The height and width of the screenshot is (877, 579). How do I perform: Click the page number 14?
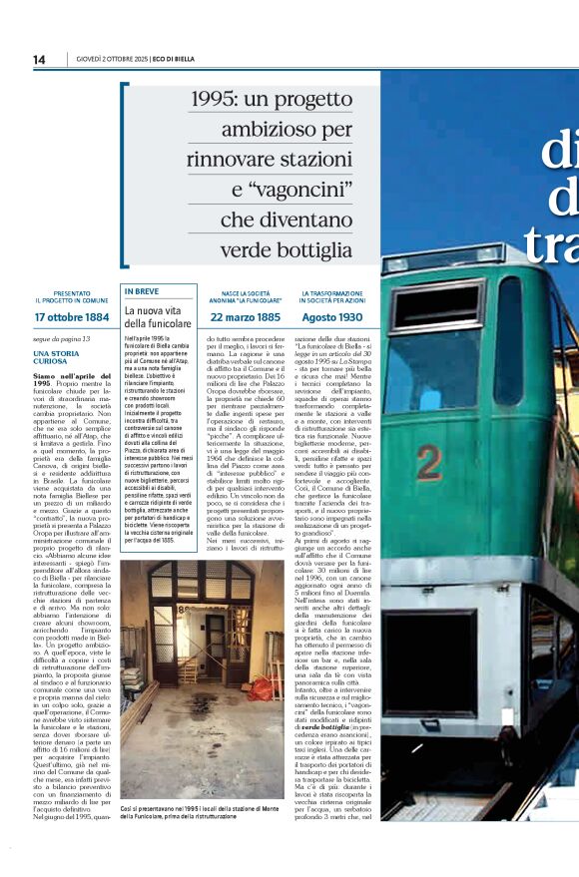click(39, 60)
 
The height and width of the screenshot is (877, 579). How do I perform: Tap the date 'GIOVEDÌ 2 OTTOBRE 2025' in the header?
click(109, 60)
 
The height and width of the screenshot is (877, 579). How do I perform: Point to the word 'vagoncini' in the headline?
click(297, 189)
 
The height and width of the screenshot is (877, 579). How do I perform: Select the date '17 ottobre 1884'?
click(71, 317)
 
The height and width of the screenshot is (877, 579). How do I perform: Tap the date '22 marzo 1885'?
click(245, 317)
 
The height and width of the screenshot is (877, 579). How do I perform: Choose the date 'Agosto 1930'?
click(332, 317)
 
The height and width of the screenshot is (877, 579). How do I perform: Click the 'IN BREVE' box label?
click(143, 292)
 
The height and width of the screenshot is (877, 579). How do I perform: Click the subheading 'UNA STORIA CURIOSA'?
click(58, 357)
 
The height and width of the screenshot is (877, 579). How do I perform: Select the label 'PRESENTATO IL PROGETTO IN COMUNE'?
click(71, 296)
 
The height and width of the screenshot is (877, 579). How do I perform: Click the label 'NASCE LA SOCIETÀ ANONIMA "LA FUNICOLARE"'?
click(245, 296)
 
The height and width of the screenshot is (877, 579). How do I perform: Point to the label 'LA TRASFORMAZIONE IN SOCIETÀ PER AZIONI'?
click(332, 296)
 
